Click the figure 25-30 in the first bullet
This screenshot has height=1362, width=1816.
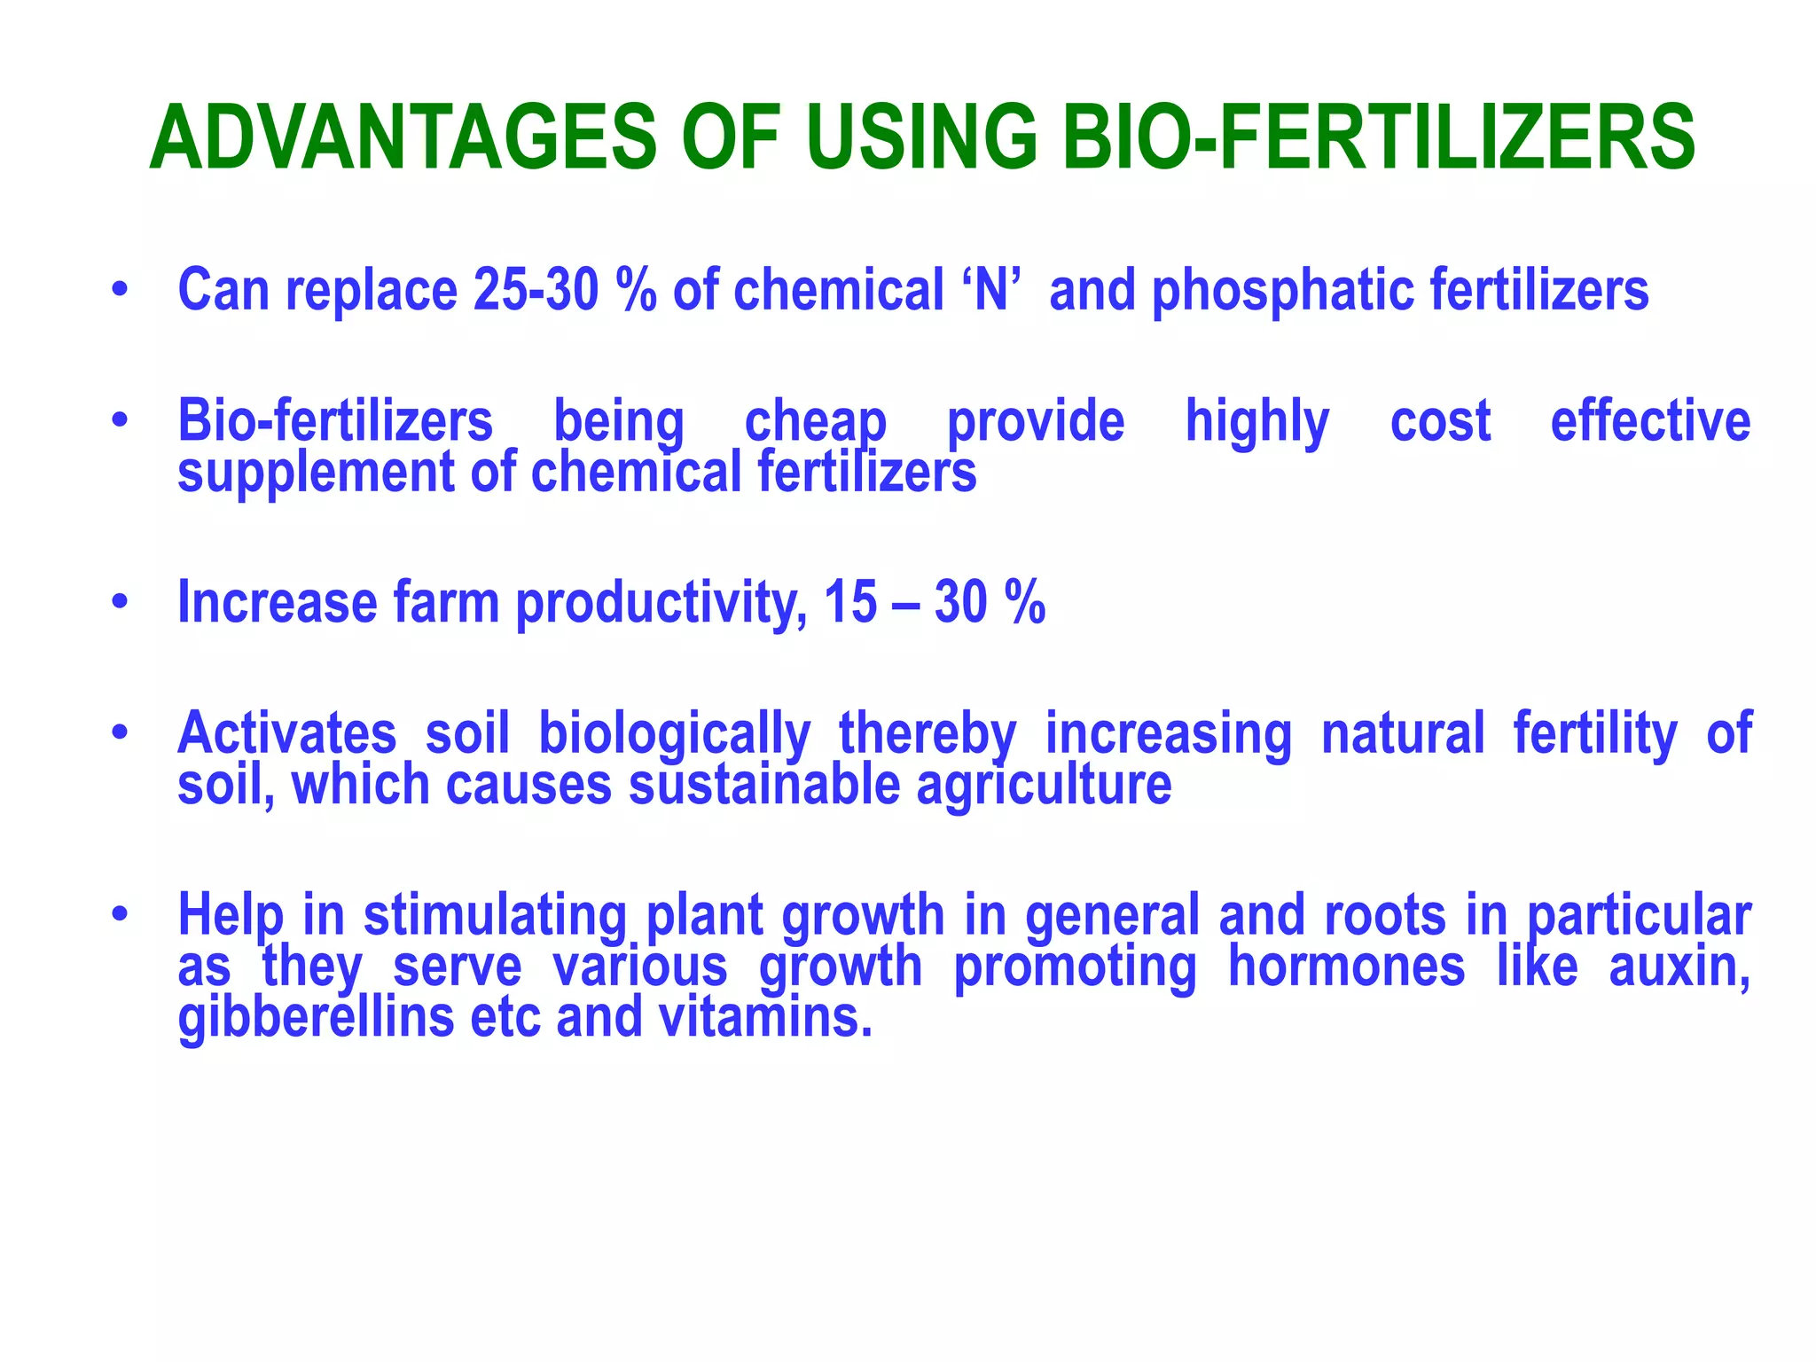pyautogui.click(x=536, y=290)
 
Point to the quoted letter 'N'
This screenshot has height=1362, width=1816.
pyautogui.click(x=991, y=290)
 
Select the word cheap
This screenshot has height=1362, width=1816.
pyautogui.click(x=815, y=422)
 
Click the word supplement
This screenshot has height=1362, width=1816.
pyautogui.click(x=316, y=473)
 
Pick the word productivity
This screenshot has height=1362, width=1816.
pyautogui.click(x=661, y=604)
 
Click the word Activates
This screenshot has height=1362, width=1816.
pyautogui.click(x=286, y=733)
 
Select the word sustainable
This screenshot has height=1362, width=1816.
pyautogui.click(x=763, y=786)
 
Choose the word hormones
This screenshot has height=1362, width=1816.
pyautogui.click(x=1346, y=966)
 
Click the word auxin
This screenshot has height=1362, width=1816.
pyautogui.click(x=1679, y=967)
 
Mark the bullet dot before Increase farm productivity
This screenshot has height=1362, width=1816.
pyautogui.click(x=121, y=602)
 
